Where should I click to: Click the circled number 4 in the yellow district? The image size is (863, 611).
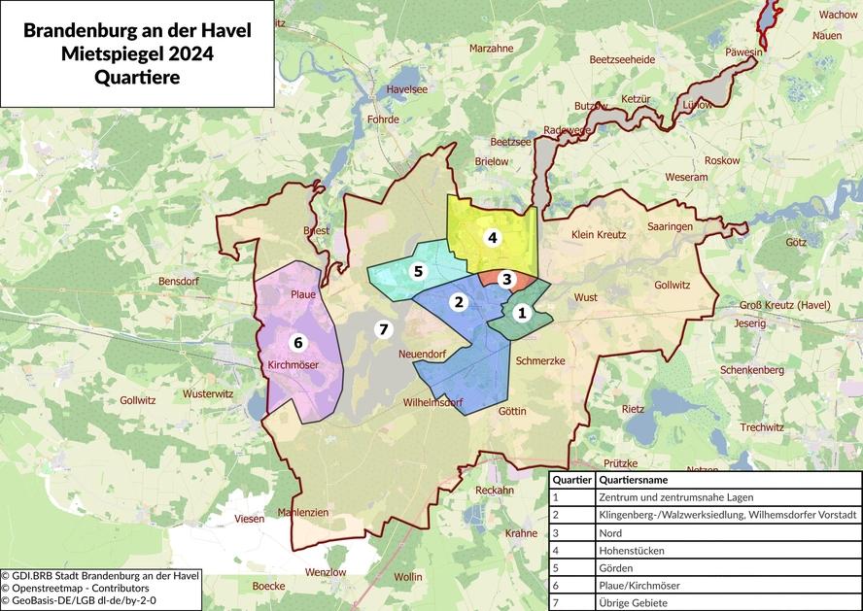(493, 237)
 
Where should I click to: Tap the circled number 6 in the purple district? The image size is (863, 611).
(298, 342)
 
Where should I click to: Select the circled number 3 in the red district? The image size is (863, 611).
(505, 279)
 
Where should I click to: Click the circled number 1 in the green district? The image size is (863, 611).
(522, 313)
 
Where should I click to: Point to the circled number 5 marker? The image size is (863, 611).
(419, 271)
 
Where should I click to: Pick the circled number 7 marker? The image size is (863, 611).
(384, 329)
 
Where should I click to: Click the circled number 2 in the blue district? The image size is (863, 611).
(458, 301)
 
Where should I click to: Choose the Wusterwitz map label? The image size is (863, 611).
(209, 394)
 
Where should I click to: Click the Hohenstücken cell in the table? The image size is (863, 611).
(632, 550)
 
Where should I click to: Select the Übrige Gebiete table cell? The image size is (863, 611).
(636, 603)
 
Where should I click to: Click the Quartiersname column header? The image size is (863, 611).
(634, 479)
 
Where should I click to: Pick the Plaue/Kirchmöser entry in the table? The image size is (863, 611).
(639, 586)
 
